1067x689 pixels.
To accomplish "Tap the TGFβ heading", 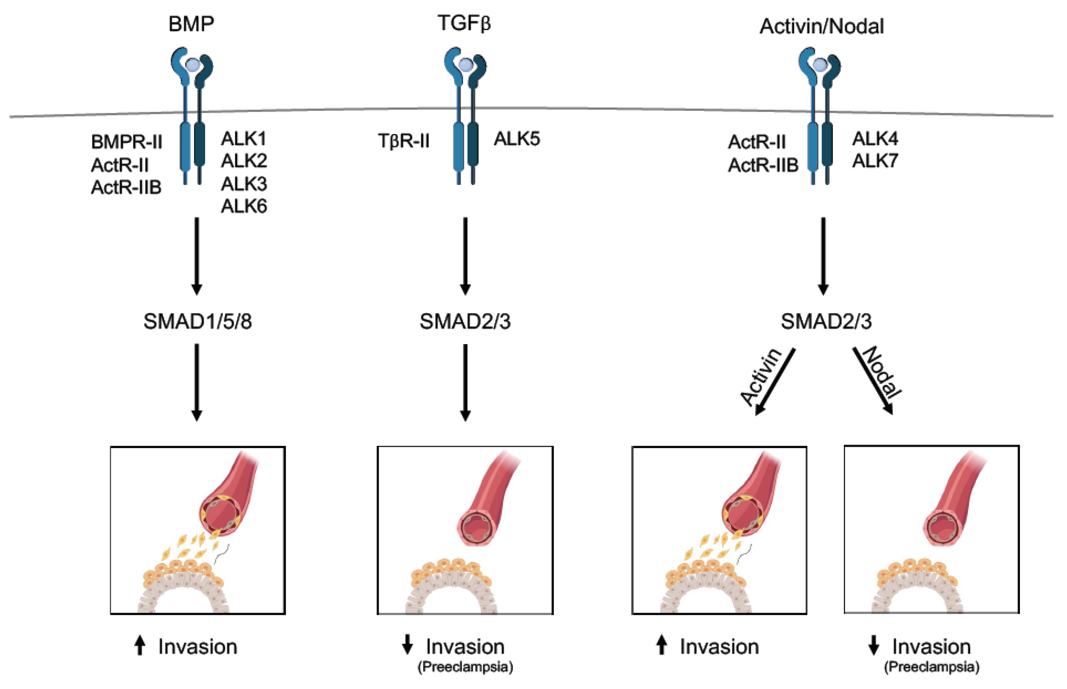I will tap(464, 23).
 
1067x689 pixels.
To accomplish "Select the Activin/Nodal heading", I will tap(821, 26).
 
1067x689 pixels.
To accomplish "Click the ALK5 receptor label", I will tap(517, 139).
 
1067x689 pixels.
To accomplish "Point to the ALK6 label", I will tap(244, 206).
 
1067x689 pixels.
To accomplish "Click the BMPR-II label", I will tap(127, 142).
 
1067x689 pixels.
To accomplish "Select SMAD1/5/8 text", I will tap(197, 322).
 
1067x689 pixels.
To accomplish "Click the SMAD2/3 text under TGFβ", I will tap(465, 322).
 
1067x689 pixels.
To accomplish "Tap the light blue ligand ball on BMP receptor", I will tap(192, 65).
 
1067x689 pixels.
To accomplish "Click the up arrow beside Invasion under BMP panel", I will tap(140, 646).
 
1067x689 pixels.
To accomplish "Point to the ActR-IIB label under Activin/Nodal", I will tap(763, 166).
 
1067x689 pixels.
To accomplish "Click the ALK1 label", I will tap(244, 139).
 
